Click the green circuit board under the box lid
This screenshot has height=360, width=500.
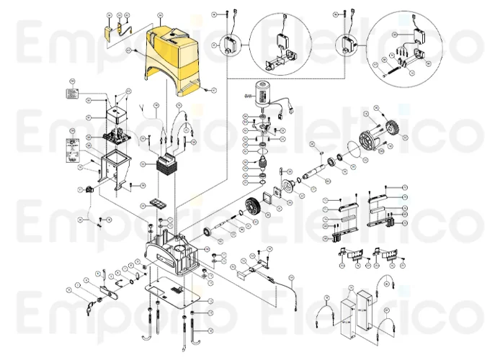(115, 135)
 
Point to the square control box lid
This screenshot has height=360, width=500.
(115, 112)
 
